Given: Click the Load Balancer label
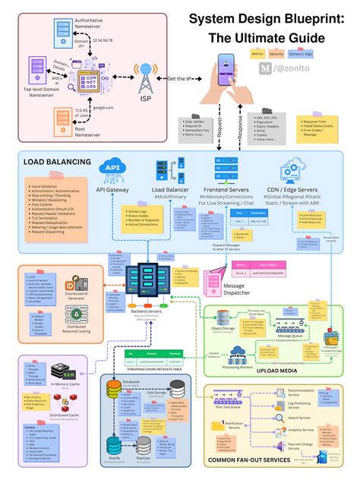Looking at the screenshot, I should [x=169, y=190].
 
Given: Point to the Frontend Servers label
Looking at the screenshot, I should [x=229, y=190].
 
